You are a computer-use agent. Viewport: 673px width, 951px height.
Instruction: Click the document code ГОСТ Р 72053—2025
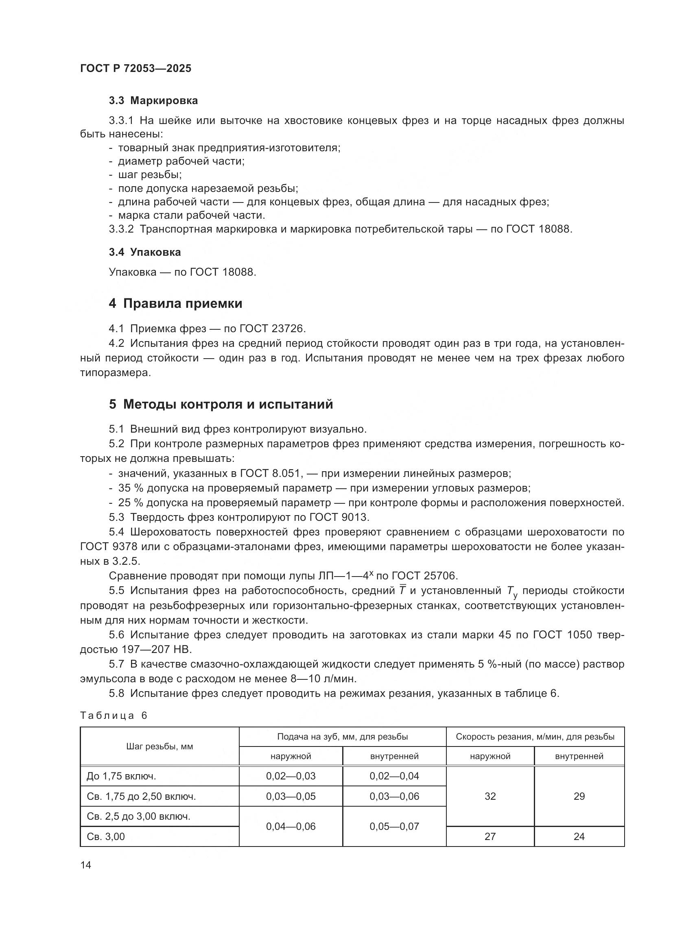(x=135, y=69)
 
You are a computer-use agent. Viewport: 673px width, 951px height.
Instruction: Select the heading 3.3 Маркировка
(x=153, y=101)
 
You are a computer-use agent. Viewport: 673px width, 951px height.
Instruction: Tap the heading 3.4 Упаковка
(x=144, y=252)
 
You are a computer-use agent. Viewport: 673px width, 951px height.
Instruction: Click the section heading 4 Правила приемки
(x=175, y=304)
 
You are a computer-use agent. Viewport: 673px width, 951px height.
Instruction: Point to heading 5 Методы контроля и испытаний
(x=221, y=404)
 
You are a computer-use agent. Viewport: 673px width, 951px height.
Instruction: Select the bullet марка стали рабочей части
(x=191, y=215)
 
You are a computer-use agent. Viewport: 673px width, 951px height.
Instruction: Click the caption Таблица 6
(x=114, y=716)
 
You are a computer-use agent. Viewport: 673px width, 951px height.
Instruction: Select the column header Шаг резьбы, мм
(x=160, y=747)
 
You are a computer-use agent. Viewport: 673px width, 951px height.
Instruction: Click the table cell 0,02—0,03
(x=291, y=776)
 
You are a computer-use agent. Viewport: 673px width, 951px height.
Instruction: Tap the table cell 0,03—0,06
(x=394, y=796)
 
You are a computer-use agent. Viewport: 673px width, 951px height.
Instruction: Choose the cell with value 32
(x=490, y=796)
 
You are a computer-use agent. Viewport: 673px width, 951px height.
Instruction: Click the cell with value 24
(x=579, y=837)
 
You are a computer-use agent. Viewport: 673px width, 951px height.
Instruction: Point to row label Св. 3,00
(x=106, y=837)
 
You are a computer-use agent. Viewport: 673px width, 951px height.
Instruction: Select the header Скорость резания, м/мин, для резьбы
(x=535, y=737)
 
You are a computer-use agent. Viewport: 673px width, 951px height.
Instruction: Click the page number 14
(x=85, y=865)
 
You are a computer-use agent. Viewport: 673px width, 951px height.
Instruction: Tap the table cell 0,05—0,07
(x=394, y=826)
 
